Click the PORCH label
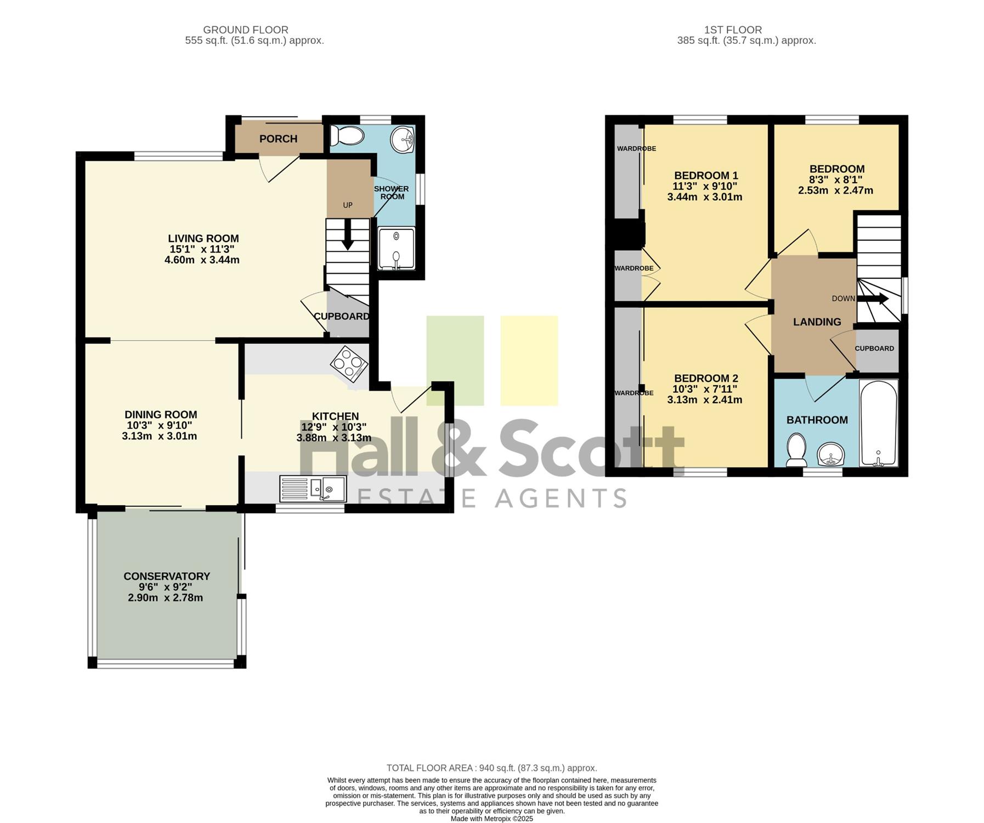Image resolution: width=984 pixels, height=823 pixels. [x=278, y=139]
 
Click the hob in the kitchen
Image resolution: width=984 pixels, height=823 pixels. [x=349, y=363]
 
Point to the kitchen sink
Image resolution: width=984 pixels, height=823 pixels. [x=313, y=488]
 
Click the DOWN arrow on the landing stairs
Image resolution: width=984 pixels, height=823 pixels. [x=872, y=299]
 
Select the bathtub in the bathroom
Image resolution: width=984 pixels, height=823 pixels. [x=879, y=423]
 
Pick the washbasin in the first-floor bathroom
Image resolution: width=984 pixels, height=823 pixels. [x=831, y=454]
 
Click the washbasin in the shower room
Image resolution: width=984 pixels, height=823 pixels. [x=403, y=140]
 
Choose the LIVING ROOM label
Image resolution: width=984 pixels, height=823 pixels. [x=203, y=239]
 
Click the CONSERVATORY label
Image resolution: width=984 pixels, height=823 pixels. [x=167, y=576]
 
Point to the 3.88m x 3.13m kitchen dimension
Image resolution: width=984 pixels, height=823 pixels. [x=334, y=438]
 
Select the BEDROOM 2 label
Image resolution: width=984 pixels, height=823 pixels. [x=706, y=378]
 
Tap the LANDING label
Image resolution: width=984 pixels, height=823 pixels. [x=817, y=322]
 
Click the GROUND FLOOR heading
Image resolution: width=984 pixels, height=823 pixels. [x=246, y=30]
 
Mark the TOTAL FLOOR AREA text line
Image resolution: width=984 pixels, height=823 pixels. [x=492, y=768]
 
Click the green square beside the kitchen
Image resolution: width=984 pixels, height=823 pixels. [x=455, y=360]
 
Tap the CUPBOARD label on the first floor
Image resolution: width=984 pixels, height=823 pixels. [x=874, y=348]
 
